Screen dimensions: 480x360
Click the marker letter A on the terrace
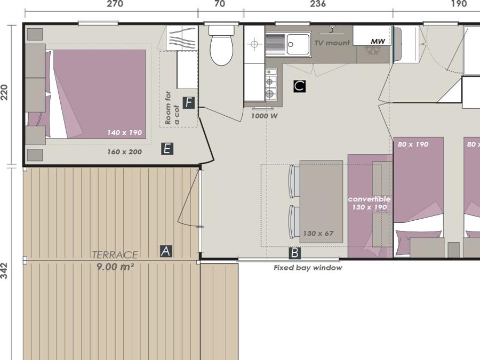point(166,251)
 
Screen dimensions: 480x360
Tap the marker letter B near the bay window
point(295,253)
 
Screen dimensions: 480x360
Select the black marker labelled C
point(299,86)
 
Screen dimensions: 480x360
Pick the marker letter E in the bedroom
point(167,149)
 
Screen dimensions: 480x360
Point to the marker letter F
point(189,103)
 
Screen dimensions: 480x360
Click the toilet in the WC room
point(221,45)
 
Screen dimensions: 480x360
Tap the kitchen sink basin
point(298,45)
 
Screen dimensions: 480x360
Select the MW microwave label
point(378,41)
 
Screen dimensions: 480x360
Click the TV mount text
point(332,43)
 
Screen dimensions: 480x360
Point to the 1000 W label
point(264,116)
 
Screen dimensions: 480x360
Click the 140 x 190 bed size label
point(125,133)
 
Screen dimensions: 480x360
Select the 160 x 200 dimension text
point(125,152)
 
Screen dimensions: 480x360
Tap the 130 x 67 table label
point(318,234)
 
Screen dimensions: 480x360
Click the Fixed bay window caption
point(308,268)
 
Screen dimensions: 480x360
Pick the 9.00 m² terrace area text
point(115,267)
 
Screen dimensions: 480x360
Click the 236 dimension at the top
point(318,4)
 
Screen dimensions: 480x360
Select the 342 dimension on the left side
point(4,270)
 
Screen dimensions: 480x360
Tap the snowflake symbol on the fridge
point(373,50)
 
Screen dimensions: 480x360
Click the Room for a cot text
point(172,108)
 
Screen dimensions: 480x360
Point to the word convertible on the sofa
point(369,199)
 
